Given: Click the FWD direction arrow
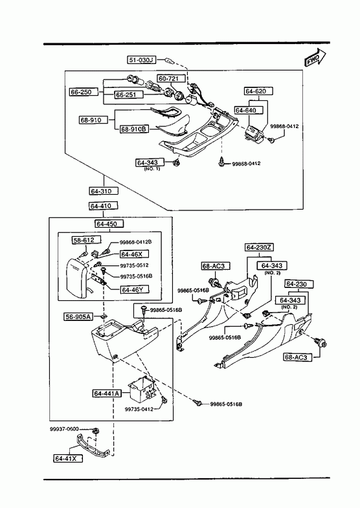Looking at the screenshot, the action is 315,59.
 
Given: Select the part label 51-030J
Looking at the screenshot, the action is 141,60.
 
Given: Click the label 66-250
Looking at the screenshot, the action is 81,92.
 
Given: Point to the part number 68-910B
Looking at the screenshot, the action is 134,129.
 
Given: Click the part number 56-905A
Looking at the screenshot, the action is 78,317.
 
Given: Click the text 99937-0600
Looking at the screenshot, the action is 64,429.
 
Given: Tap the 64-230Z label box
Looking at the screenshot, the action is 259,247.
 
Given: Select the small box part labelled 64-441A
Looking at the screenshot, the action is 142,389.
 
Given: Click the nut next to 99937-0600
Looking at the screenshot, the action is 95,431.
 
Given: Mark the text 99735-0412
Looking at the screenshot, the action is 139,409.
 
